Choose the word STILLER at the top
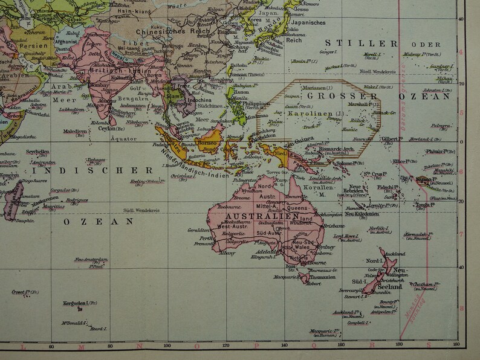coord(361,43)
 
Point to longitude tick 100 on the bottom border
coord(167,346)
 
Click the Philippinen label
coord(258,103)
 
